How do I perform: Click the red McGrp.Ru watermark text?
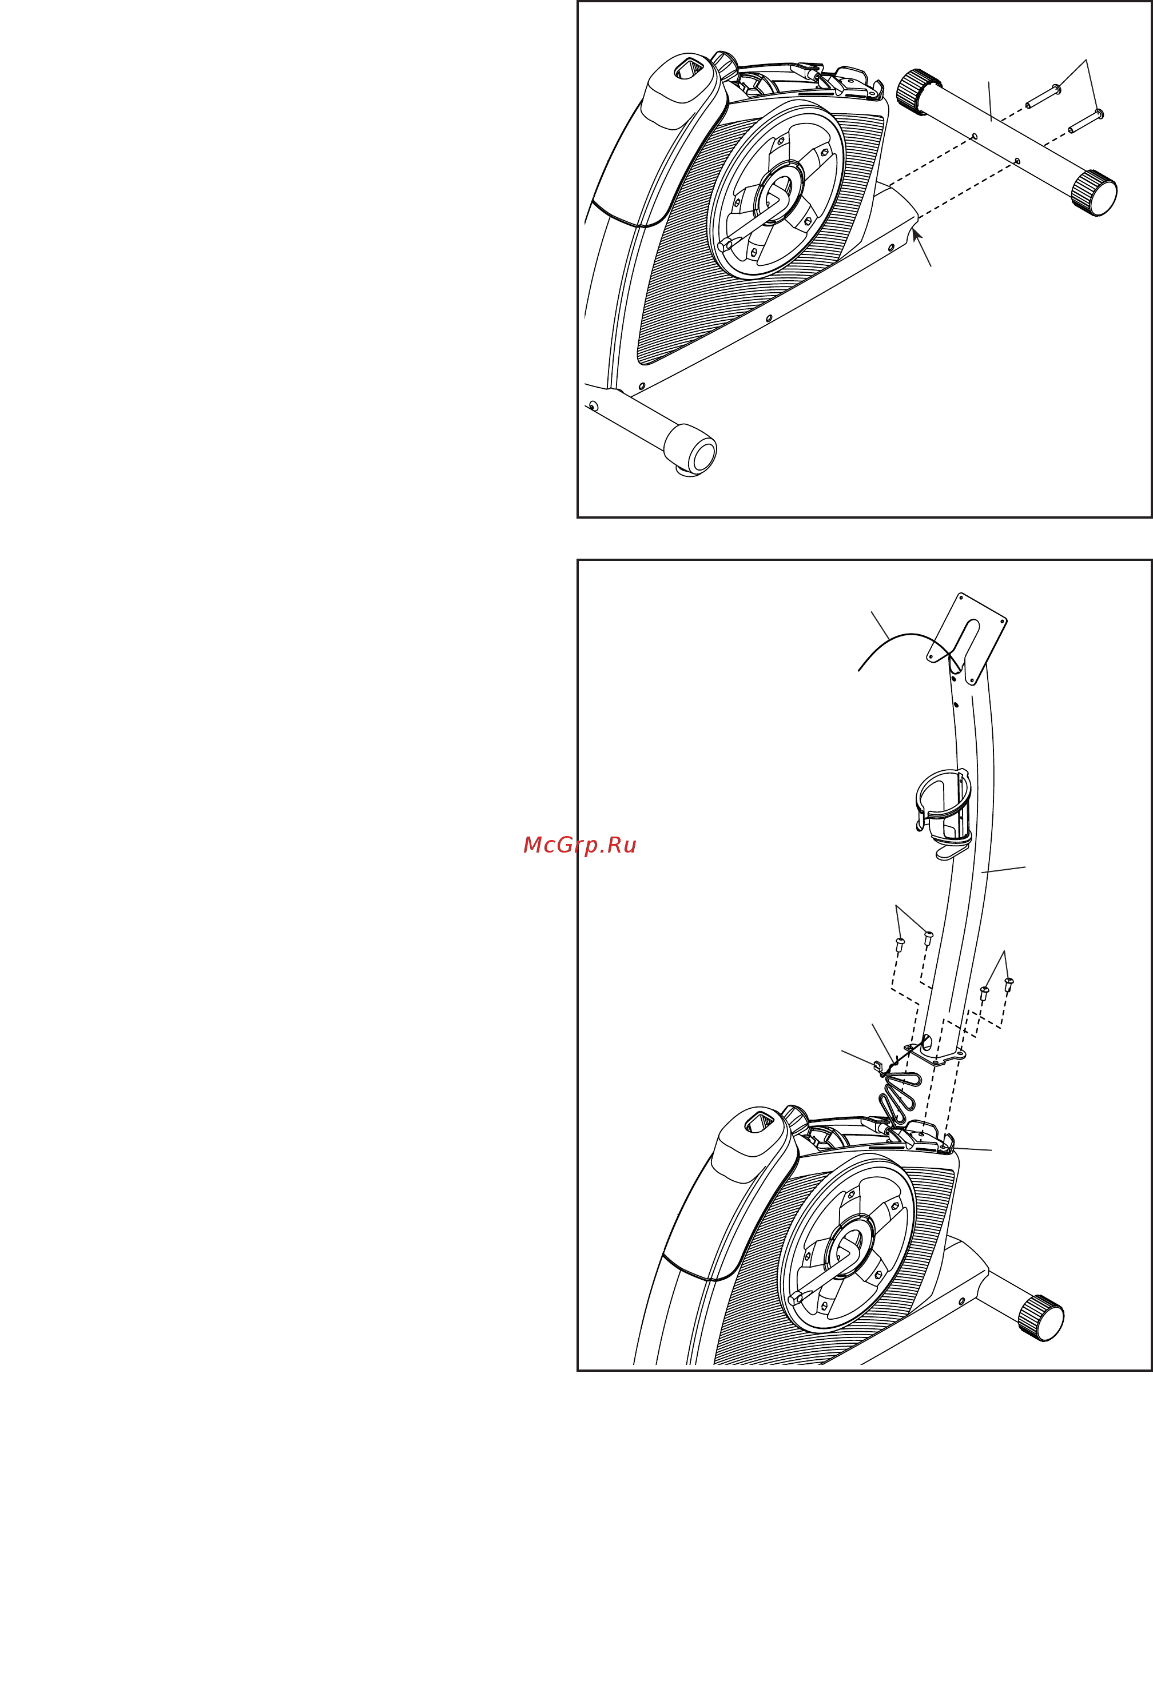click(579, 846)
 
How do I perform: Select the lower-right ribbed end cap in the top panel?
click(1094, 193)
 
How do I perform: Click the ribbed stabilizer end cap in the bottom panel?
click(1041, 1318)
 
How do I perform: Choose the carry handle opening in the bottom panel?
click(759, 1122)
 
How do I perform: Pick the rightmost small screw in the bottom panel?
click(1009, 984)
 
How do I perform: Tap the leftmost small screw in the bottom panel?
click(900, 944)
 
